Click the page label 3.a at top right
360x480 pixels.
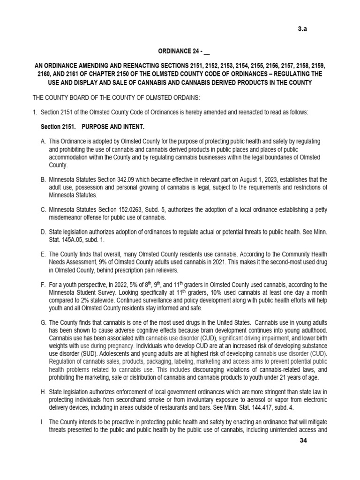coord(303,29)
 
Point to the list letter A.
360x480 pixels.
coord(44,142)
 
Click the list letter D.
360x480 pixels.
coord(44,232)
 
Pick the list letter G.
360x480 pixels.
coord(44,322)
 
